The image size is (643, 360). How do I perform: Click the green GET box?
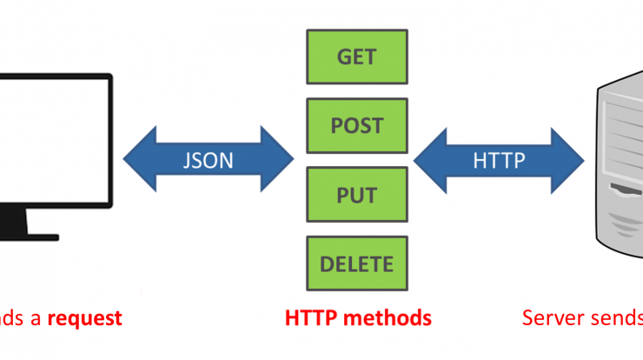pyautogui.click(x=357, y=57)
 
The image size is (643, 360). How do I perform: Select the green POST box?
pyautogui.click(x=357, y=125)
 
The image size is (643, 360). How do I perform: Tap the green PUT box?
pyautogui.click(x=357, y=195)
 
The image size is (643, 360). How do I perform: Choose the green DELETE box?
pyautogui.click(x=357, y=263)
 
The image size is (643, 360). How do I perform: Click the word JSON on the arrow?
pyautogui.click(x=209, y=160)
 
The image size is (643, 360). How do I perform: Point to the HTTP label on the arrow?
pyautogui.click(x=499, y=161)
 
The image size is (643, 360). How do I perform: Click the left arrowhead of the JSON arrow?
pyautogui.click(x=139, y=159)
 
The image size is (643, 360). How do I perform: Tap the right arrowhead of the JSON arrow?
pyautogui.click(x=277, y=159)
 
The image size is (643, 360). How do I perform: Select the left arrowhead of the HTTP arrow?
pyautogui.click(x=430, y=161)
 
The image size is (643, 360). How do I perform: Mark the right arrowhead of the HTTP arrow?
pyautogui.click(x=567, y=161)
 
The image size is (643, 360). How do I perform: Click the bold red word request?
pyautogui.click(x=85, y=319)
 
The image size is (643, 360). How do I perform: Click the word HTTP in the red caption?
pyautogui.click(x=311, y=318)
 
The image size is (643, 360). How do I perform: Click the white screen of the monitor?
pyautogui.click(x=53, y=140)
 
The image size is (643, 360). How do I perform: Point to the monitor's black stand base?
pyautogui.click(x=30, y=237)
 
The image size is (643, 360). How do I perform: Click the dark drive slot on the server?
pyautogui.click(x=626, y=190)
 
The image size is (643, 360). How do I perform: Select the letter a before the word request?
pyautogui.click(x=36, y=320)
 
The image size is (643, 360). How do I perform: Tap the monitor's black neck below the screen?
pyautogui.click(x=14, y=221)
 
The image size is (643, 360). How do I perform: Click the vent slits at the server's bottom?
pyautogui.click(x=626, y=224)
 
